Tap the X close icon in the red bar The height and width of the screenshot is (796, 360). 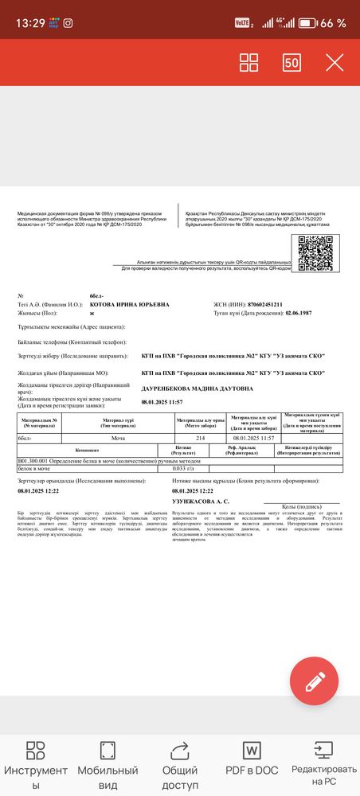(335, 62)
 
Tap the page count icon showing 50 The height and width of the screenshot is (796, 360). (292, 62)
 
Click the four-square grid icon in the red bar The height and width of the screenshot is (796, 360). (249, 62)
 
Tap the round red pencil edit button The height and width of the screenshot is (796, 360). (315, 681)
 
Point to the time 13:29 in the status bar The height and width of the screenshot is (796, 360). (30, 22)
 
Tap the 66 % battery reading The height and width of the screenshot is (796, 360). (332, 23)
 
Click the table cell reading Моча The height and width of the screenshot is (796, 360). (117, 439)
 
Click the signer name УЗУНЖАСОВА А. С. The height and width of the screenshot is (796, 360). (200, 501)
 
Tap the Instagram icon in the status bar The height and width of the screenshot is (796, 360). (68, 22)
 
